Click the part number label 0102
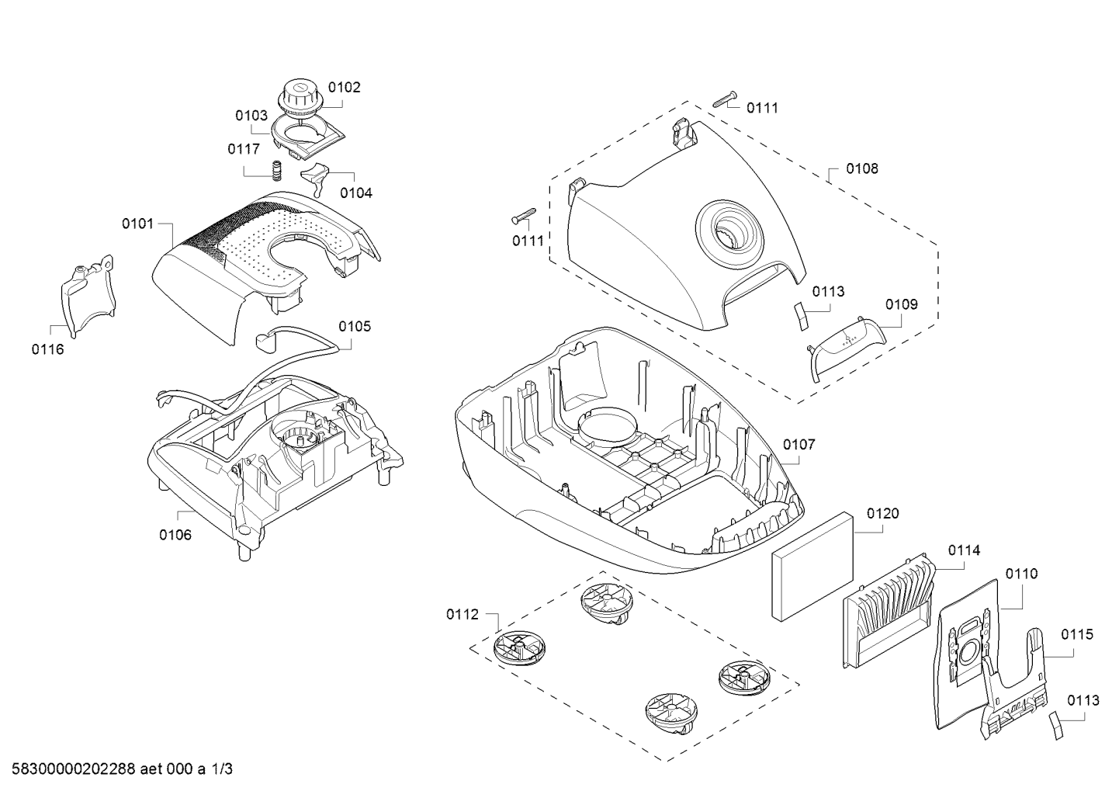(x=345, y=88)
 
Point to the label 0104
(x=356, y=193)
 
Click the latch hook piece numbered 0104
(x=315, y=178)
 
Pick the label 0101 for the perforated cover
(x=138, y=224)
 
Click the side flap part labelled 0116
(x=88, y=295)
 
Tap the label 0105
(x=355, y=326)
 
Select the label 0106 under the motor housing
(x=175, y=535)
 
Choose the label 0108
(x=861, y=168)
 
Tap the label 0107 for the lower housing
(x=799, y=444)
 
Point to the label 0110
(x=1021, y=574)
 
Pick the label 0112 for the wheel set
(x=462, y=614)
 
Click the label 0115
(x=1077, y=634)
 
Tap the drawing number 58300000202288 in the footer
(x=74, y=768)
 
